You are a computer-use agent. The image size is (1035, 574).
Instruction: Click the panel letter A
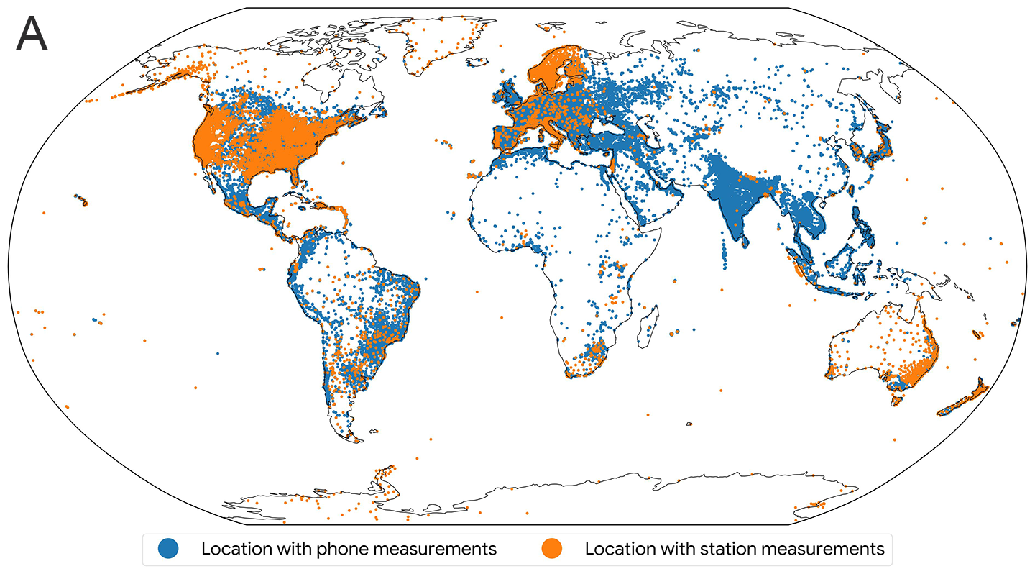pyautogui.click(x=32, y=35)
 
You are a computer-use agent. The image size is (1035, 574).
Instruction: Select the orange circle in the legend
pyautogui.click(x=551, y=549)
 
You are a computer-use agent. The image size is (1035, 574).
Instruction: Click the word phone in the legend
pyautogui.click(x=310, y=549)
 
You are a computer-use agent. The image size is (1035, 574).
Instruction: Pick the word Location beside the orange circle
pyautogui.click(x=617, y=549)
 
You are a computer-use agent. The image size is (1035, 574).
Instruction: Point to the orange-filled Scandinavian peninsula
pyautogui.click(x=557, y=68)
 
